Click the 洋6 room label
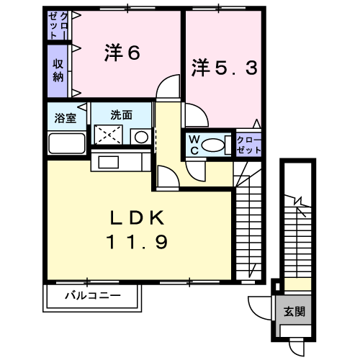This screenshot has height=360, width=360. [x=122, y=53]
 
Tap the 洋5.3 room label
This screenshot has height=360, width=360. [x=225, y=68]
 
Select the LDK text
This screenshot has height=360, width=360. [x=138, y=217]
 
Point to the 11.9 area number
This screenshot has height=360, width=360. [x=137, y=242]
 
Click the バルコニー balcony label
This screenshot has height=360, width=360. [x=93, y=295]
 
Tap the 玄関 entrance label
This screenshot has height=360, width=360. [x=294, y=312]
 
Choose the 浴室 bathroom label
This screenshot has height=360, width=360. [x=66, y=118]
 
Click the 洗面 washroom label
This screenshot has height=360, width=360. [x=122, y=115]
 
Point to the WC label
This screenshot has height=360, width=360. [x=194, y=145]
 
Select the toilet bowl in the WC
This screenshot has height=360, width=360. [x=213, y=145]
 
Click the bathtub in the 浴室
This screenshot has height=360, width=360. [x=67, y=143]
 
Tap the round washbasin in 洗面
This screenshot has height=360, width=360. [x=141, y=137]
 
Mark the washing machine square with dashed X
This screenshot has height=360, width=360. [x=109, y=135]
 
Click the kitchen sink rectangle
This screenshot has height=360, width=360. [x=109, y=162]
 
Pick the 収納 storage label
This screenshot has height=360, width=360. [x=58, y=70]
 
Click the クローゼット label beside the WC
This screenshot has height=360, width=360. [x=249, y=145]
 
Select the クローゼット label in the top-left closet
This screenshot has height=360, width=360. [x=58, y=25]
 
